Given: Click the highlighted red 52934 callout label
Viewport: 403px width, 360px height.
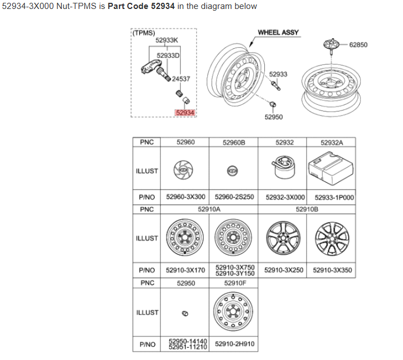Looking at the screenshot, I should click(185, 113).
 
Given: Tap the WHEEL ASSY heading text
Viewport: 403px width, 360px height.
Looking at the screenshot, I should click(278, 33).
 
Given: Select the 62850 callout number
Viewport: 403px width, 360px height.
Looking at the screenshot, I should click(358, 44).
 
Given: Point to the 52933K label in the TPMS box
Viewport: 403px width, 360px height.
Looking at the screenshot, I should click(167, 40).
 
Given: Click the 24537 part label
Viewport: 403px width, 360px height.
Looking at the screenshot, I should click(181, 79).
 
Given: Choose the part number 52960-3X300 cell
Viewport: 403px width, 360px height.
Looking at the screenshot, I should click(186, 198).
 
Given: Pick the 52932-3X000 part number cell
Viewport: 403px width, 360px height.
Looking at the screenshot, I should click(282, 198).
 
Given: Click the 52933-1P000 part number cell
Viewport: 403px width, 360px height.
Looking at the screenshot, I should click(331, 198).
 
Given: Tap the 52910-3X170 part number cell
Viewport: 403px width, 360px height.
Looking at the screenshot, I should click(186, 270).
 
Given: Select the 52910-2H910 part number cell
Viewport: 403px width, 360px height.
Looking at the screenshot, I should click(234, 344).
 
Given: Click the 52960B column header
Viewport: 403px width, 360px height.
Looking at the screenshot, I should click(234, 143).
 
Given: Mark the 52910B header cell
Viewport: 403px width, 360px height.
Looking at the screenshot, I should click(307, 209).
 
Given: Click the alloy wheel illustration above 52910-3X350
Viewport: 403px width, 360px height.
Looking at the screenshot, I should click(331, 237).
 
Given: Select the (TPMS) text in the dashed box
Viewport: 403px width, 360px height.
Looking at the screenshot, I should click(144, 33).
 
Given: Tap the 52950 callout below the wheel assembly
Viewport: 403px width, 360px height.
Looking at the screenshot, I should click(273, 117).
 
